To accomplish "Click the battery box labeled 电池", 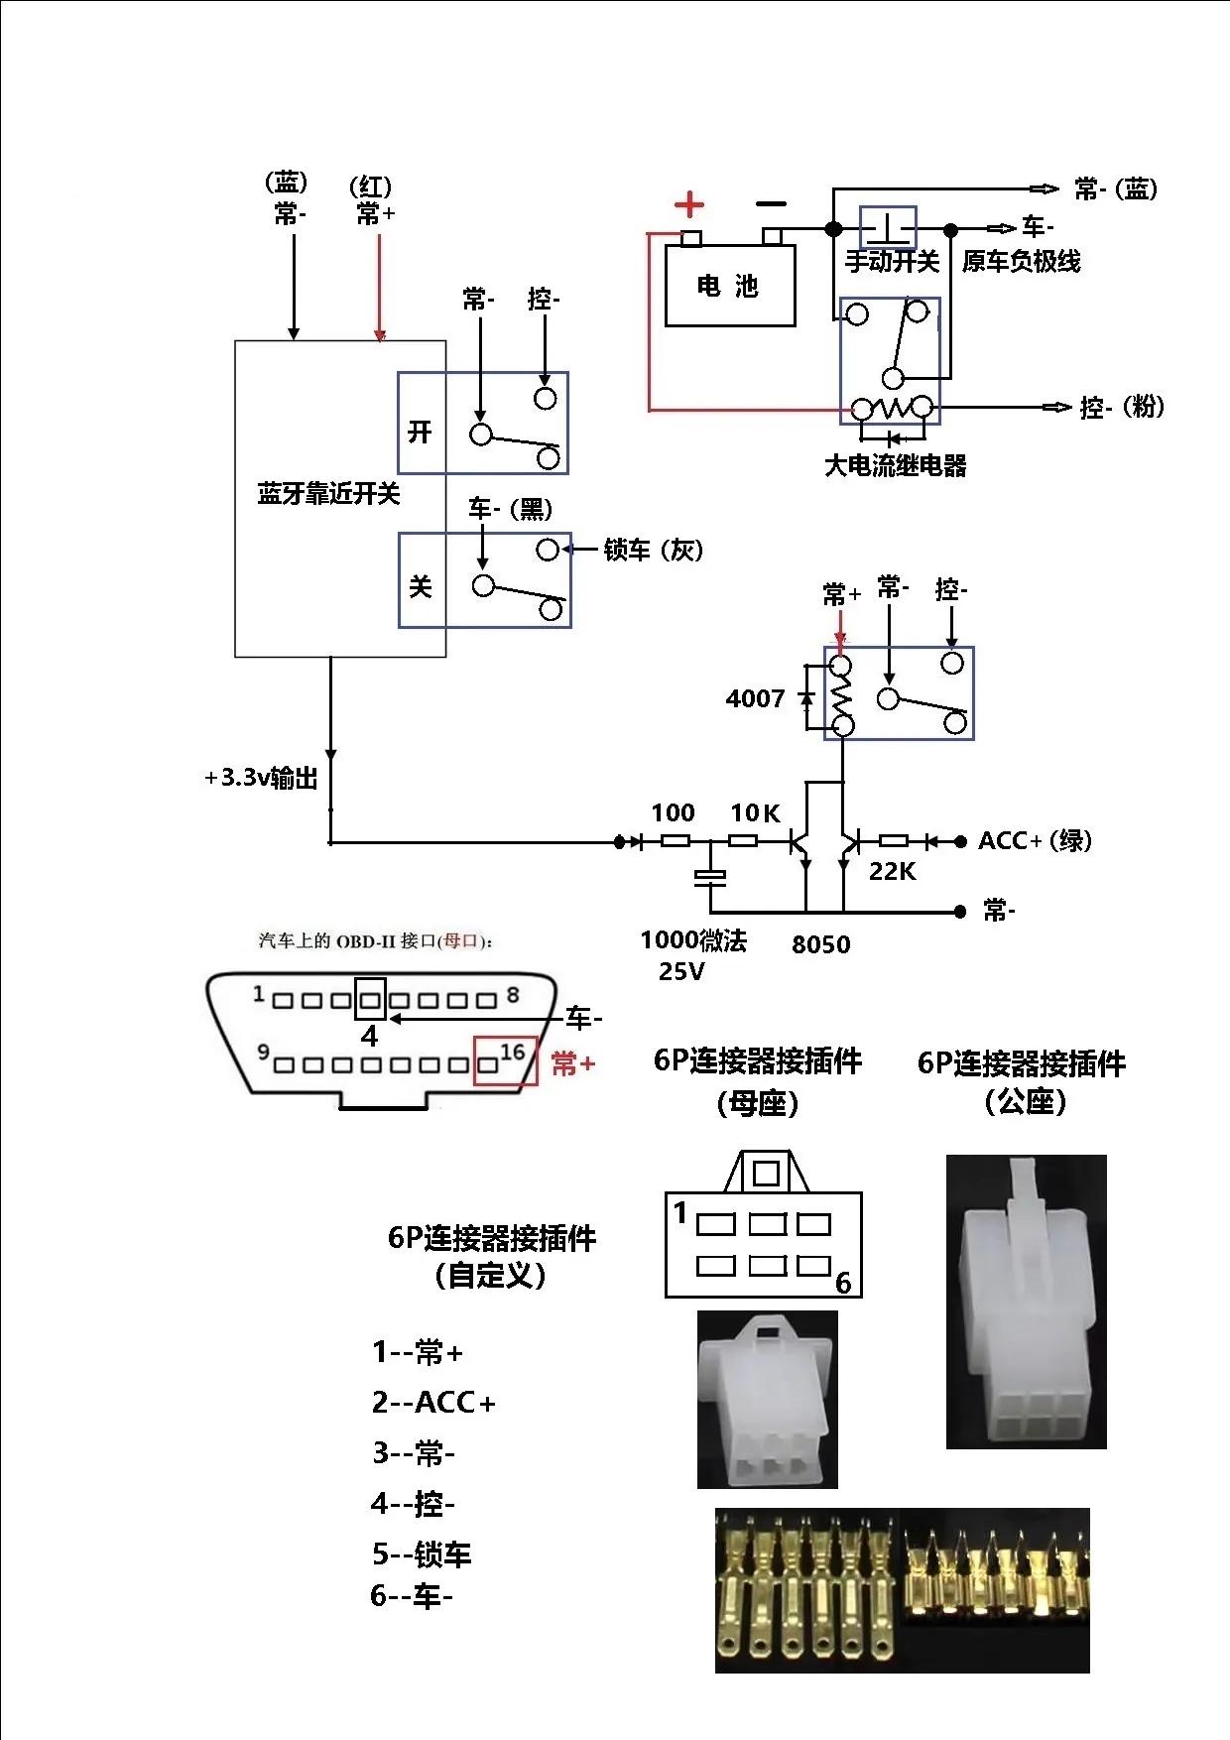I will click(x=729, y=286).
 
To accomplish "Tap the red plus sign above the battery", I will click(x=688, y=205).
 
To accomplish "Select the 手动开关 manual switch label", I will click(x=891, y=262).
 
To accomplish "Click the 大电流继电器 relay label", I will click(x=895, y=465).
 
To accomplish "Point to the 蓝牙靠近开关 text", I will click(x=328, y=494).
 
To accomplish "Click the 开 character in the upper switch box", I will click(x=421, y=432).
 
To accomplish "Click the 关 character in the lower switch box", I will click(x=421, y=586).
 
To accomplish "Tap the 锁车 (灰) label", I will click(x=653, y=550).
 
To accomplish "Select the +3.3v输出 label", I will click(x=261, y=778).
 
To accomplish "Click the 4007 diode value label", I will click(x=755, y=699).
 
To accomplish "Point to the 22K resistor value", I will click(x=892, y=872).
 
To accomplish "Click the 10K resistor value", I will click(x=755, y=813).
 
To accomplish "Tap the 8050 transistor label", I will click(x=820, y=944).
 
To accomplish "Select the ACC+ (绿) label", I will click(x=1035, y=841).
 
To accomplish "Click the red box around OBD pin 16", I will click(x=505, y=1060).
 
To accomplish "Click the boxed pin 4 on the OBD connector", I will click(x=370, y=999).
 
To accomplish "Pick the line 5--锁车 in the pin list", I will click(x=422, y=1554).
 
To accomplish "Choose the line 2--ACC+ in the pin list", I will click(x=433, y=1403).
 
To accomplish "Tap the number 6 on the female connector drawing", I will click(x=843, y=1283).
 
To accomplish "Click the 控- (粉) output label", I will click(x=1121, y=407).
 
